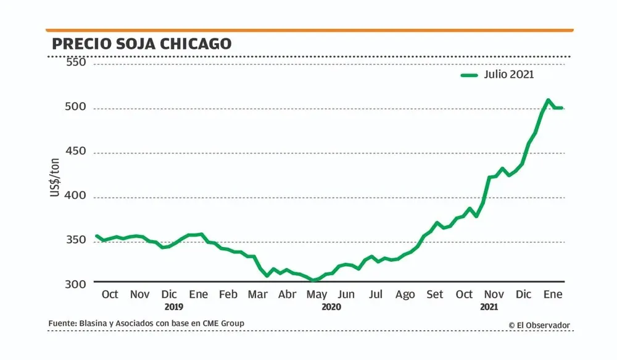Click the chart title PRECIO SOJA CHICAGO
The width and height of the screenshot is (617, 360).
click(x=141, y=44)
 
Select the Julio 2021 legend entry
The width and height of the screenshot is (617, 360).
click(x=497, y=75)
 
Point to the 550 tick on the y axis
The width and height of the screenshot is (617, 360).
click(x=77, y=62)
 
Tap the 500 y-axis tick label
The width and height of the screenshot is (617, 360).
click(x=77, y=108)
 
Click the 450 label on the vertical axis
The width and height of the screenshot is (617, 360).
click(x=77, y=153)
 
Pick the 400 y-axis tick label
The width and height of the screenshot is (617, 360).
click(x=77, y=197)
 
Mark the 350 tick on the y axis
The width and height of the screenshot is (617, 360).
click(x=77, y=241)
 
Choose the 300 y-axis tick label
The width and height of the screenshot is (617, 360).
click(x=77, y=284)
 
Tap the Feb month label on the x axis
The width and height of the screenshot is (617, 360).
click(x=228, y=295)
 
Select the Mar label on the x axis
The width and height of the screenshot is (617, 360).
click(x=258, y=295)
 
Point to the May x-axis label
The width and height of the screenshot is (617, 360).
click(x=317, y=295)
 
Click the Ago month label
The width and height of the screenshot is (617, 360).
click(x=405, y=295)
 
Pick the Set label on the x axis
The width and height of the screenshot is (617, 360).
click(x=435, y=295)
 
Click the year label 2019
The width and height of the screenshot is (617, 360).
click(x=175, y=306)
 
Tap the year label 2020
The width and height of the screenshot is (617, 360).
click(x=331, y=306)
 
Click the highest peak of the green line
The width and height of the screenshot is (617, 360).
click(x=548, y=99)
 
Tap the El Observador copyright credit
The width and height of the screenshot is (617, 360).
click(x=539, y=325)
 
